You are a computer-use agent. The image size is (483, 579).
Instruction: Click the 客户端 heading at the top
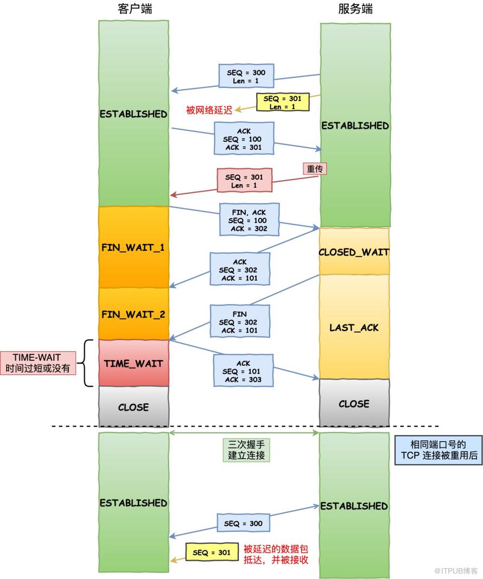[135, 9]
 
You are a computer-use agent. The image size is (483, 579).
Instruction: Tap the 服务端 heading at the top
[355, 9]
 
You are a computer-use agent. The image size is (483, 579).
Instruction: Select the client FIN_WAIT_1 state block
[134, 247]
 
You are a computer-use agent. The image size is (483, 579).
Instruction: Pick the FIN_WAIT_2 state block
[134, 314]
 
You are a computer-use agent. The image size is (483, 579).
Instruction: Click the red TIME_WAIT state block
[134, 364]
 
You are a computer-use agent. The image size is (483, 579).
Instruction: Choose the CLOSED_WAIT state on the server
[354, 251]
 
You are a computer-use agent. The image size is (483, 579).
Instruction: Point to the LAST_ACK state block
[354, 327]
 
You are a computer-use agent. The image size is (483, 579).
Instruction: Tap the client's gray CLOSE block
[134, 406]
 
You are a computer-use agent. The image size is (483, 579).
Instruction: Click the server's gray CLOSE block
[354, 403]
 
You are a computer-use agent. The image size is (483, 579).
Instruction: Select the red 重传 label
[315, 169]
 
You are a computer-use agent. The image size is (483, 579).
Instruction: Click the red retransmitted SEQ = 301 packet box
[244, 180]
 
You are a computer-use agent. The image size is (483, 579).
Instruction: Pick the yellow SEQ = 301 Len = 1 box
[283, 102]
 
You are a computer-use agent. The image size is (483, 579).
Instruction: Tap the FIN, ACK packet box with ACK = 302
[249, 219]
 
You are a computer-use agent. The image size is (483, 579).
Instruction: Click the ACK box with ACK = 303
[243, 371]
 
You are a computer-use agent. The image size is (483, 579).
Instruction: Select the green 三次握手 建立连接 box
[246, 450]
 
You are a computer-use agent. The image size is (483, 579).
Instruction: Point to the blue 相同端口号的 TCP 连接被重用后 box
[438, 450]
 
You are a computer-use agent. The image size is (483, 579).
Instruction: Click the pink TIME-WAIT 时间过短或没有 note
[37, 363]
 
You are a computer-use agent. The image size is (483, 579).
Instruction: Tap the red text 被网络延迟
[209, 110]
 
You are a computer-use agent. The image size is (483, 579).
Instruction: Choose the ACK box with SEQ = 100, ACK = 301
[244, 138]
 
